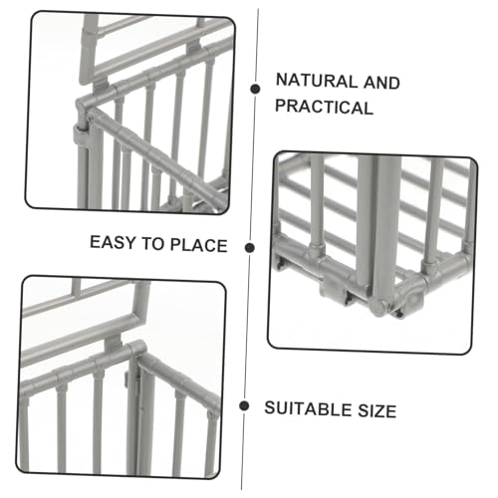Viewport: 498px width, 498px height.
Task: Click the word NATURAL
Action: point(316,81)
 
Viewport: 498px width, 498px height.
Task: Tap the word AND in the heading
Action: point(381,83)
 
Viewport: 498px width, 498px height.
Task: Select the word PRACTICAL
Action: point(325,107)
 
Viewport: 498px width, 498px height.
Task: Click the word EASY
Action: point(113,242)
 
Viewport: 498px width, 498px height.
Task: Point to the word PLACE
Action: point(199,245)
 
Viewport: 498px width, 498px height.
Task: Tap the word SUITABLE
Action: point(307,408)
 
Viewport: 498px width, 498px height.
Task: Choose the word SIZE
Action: point(377,410)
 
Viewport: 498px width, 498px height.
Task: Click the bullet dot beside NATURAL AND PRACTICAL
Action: point(255,89)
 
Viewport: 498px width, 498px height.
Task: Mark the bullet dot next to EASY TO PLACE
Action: point(250,248)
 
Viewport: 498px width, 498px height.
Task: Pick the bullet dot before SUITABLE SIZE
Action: point(244,405)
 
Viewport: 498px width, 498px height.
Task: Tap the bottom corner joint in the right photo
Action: point(380,307)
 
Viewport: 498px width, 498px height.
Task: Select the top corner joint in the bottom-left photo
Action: point(136,349)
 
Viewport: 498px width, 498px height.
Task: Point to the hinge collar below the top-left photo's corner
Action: point(82,135)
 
